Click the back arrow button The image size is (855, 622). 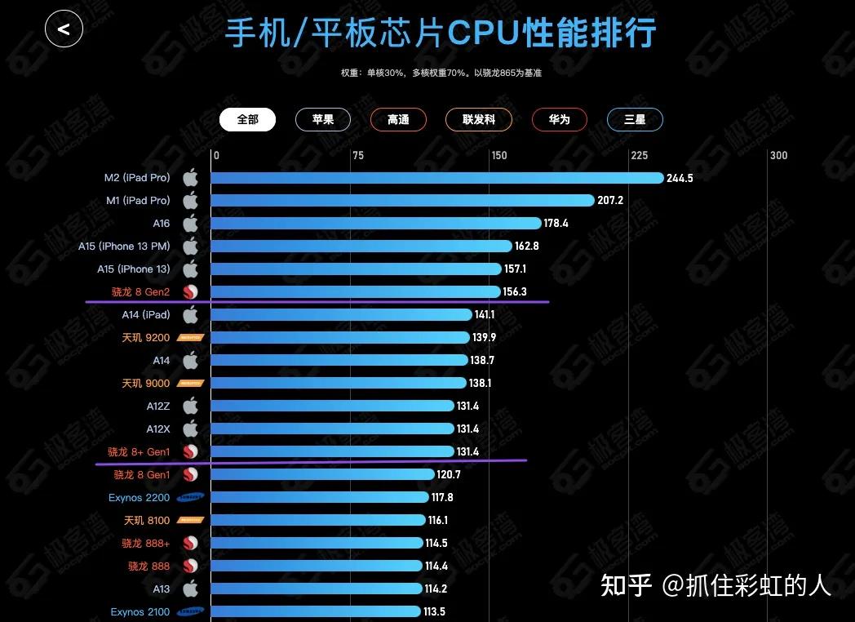pos(64,30)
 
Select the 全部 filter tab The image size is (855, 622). pos(247,119)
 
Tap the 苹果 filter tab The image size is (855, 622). pos(322,119)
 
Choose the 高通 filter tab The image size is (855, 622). pos(398,119)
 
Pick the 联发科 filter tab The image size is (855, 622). pos(479,119)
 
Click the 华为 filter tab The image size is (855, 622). pos(559,119)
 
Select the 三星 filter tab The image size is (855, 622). pos(635,119)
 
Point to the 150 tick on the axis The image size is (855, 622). pos(498,156)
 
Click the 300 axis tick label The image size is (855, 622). pos(779,156)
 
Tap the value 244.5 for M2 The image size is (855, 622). pos(680,178)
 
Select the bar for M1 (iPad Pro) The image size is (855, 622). pos(402,201)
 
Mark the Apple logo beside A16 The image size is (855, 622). pos(190,224)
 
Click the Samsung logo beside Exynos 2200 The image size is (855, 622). pos(190,497)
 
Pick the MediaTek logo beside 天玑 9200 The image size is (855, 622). pos(190,337)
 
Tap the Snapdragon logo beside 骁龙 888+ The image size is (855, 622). pos(190,543)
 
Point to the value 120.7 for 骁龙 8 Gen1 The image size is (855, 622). pos(449,474)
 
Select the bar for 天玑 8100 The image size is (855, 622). pos(318,520)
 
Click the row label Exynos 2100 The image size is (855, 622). pos(140,611)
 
